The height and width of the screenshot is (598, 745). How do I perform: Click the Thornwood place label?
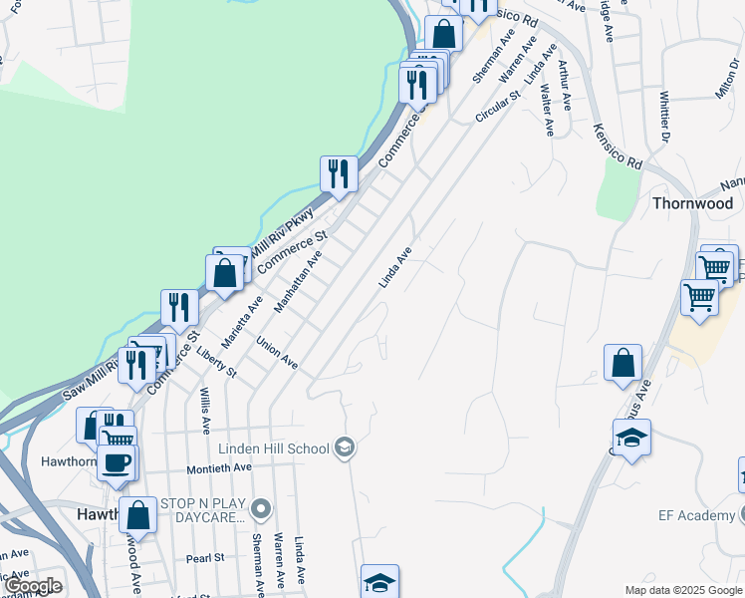[x=693, y=202]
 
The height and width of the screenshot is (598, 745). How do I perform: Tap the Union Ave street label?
[x=277, y=354]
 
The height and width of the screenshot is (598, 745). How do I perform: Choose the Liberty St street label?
[x=216, y=361]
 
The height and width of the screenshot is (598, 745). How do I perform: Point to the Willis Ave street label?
[x=205, y=411]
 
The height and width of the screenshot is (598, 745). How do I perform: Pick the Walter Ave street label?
[x=547, y=110]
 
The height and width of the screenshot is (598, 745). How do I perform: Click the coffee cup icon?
[x=118, y=462]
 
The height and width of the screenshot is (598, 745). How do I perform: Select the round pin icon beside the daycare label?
[x=261, y=509]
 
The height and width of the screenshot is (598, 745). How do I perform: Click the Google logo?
[x=34, y=586]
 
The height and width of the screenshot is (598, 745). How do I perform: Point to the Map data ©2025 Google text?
[x=682, y=590]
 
